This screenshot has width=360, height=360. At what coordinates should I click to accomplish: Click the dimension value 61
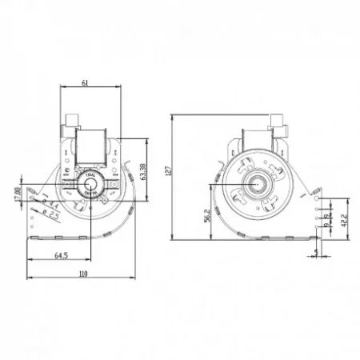tap(84, 82)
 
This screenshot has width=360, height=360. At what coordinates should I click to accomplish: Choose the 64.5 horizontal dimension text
tap(60, 257)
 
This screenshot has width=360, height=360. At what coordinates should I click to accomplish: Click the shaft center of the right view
tap(261, 185)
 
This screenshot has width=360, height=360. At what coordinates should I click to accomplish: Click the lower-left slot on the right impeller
tap(245, 201)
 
